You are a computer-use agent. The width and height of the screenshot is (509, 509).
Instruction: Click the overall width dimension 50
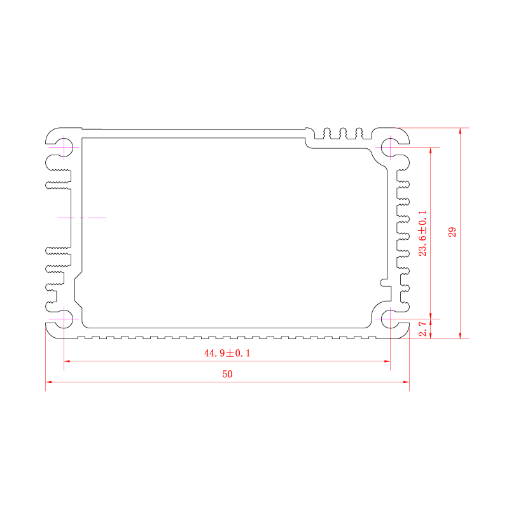[227, 374]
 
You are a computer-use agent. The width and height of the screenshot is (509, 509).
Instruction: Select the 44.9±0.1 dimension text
[227, 353]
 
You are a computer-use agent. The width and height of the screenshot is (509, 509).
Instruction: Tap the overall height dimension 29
[452, 232]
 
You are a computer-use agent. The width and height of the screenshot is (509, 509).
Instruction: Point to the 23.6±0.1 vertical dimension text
[422, 233]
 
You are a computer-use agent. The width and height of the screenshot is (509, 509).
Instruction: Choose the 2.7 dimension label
[422, 329]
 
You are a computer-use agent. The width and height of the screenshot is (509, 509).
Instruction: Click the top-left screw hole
[64, 147]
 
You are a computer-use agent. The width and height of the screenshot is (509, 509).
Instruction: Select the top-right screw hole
[390, 147]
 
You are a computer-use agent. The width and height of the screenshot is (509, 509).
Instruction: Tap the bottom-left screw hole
[64, 319]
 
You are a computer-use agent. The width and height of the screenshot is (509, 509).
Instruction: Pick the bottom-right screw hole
[390, 319]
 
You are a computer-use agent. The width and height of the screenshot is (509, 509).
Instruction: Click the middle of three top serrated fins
[343, 134]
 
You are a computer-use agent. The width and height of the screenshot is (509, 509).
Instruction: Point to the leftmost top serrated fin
[327, 134]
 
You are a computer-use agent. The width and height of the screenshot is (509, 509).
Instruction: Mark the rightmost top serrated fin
[359, 134]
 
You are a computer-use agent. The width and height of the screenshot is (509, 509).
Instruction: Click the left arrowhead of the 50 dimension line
[48, 382]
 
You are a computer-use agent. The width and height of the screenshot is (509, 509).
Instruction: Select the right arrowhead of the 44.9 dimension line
[387, 361]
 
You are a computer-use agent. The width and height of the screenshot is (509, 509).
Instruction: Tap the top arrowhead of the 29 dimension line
[460, 131]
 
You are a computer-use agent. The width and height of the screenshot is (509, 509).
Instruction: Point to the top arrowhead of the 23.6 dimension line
[431, 150]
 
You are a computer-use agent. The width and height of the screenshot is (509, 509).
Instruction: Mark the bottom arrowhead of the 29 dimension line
[460, 336]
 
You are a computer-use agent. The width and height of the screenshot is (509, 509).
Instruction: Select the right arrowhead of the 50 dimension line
[407, 382]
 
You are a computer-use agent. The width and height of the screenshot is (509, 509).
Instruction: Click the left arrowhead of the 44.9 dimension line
[67, 361]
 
